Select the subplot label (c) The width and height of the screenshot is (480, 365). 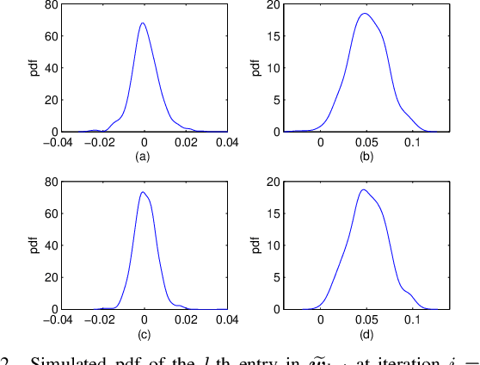[x=144, y=333]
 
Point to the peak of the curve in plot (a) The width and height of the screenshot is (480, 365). [x=142, y=23]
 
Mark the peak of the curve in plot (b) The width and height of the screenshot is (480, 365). [x=365, y=14]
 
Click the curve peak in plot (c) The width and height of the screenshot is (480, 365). [x=142, y=192]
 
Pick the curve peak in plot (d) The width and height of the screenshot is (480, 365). [x=363, y=189]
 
